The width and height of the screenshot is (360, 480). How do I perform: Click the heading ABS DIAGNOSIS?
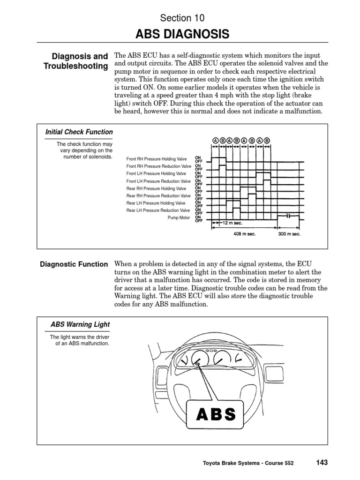click(182, 34)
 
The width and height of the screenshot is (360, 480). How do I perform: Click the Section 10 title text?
click(182, 18)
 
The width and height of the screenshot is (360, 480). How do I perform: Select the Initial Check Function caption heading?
click(79, 132)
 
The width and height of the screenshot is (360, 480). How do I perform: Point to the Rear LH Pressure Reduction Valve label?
click(159, 210)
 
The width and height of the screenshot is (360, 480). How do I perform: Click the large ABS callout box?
click(216, 414)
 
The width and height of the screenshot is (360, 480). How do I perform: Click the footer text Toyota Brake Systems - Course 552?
click(248, 463)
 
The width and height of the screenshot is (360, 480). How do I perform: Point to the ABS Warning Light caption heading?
click(80, 324)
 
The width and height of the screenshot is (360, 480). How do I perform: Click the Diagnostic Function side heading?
click(74, 264)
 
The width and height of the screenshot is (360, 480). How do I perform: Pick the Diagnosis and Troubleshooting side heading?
click(76, 61)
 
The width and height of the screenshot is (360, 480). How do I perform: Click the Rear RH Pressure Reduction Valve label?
click(159, 195)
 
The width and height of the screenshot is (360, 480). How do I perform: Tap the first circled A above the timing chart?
click(216, 140)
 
